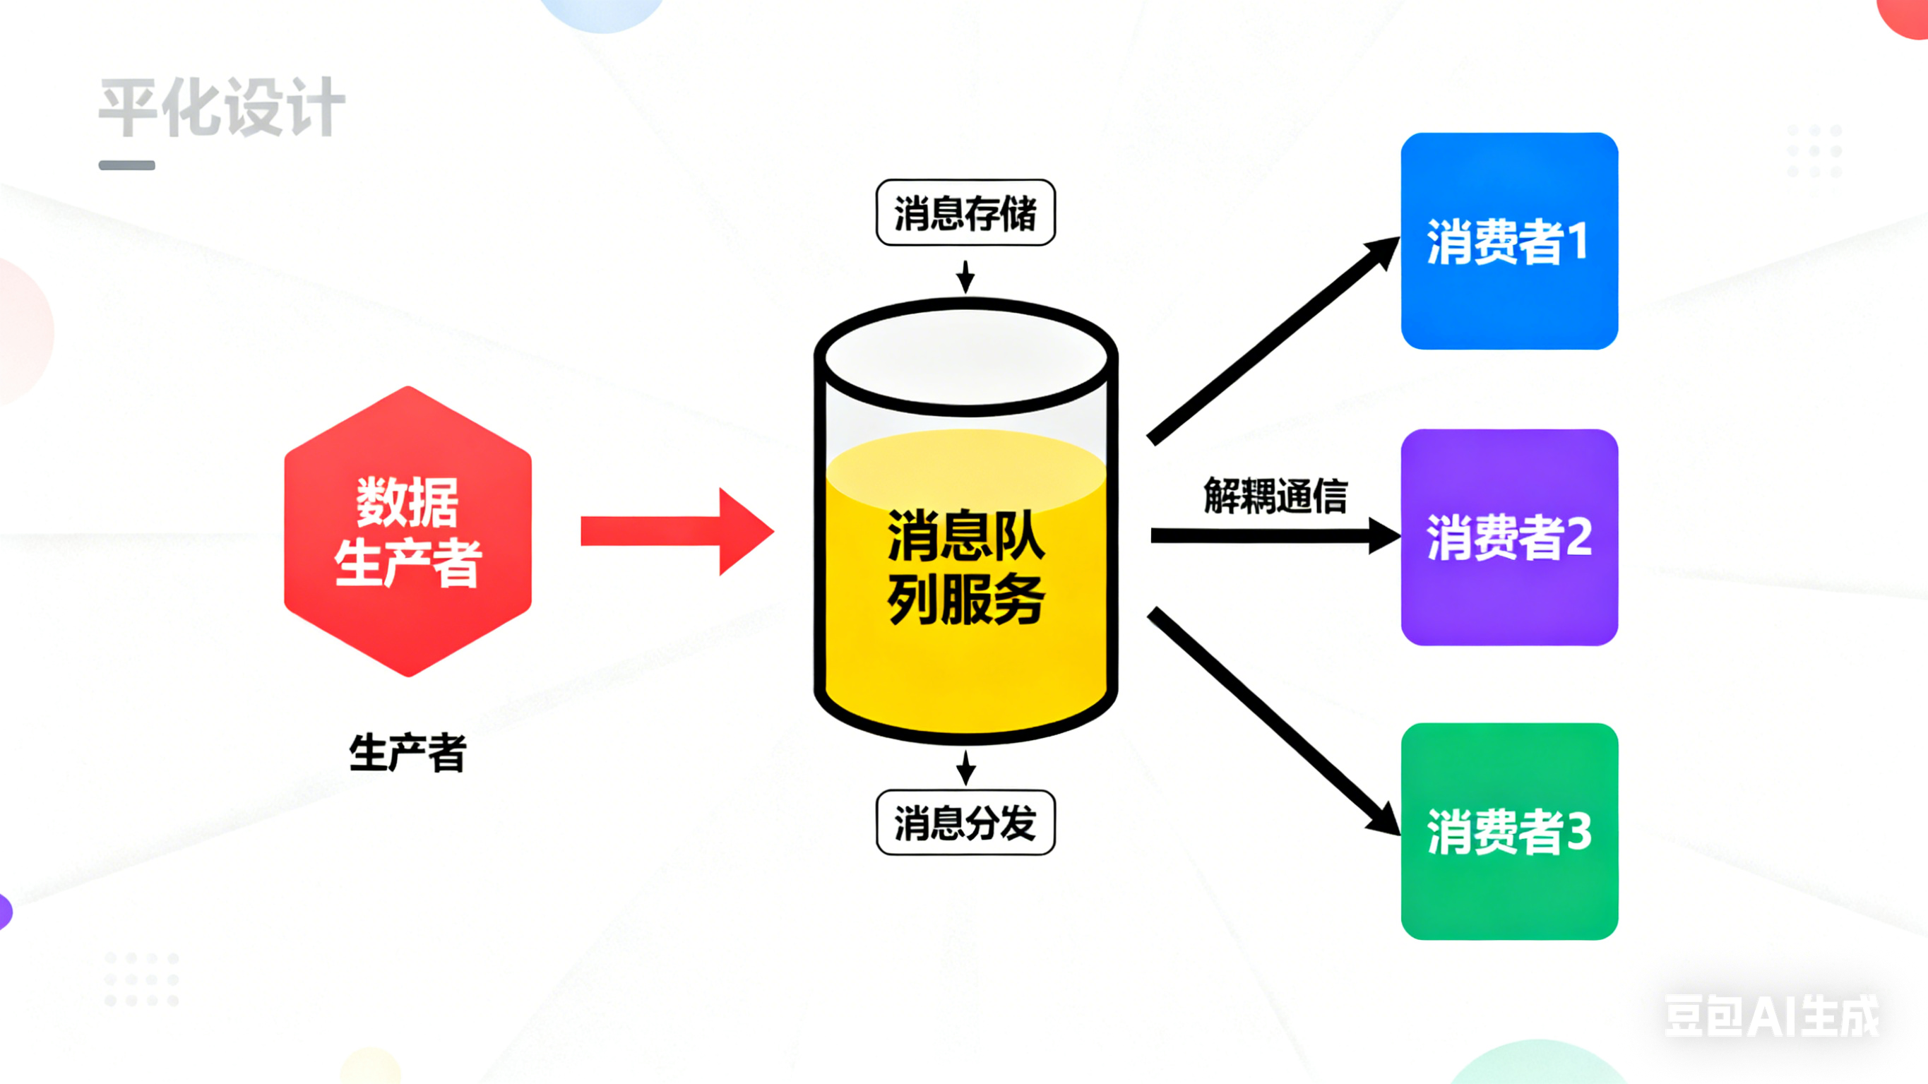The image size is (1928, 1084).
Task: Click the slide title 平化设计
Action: pyautogui.click(x=222, y=108)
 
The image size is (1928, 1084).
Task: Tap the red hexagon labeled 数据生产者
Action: pyautogui.click(x=408, y=532)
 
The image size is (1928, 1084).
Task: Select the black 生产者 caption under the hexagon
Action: pyautogui.click(x=408, y=752)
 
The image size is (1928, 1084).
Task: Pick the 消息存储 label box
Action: pyautogui.click(x=965, y=213)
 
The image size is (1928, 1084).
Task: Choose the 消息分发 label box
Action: pyautogui.click(x=965, y=823)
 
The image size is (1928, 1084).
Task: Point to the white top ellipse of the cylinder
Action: pyautogui.click(x=965, y=358)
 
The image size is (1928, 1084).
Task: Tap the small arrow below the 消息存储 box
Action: pyautogui.click(x=965, y=276)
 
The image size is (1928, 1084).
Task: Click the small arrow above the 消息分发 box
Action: pyautogui.click(x=965, y=768)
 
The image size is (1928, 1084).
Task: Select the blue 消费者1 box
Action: pyautogui.click(x=1509, y=241)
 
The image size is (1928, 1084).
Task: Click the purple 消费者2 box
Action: pyautogui.click(x=1509, y=537)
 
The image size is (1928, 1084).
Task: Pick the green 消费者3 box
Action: pyautogui.click(x=1509, y=831)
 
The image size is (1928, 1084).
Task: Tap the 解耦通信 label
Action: pyautogui.click(x=1275, y=496)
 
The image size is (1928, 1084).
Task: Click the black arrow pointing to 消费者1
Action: pyautogui.click(x=1273, y=340)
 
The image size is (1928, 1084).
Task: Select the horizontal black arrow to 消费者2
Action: pyautogui.click(x=1273, y=536)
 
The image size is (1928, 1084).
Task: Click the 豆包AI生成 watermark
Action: pyautogui.click(x=1771, y=1016)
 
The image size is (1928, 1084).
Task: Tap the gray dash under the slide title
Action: pyautogui.click(x=127, y=165)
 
